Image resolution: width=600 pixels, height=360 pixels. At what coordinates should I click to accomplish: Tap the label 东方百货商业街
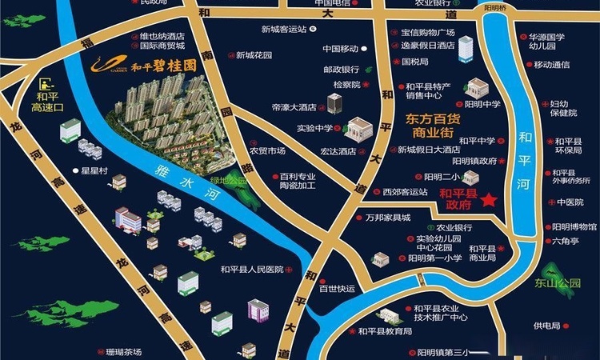(x=433, y=125)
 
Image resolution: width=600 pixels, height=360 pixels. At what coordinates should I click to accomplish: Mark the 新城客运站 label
(x=284, y=30)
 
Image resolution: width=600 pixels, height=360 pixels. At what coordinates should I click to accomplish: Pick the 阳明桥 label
(x=495, y=8)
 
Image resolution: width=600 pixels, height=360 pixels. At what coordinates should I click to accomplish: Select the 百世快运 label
(x=335, y=289)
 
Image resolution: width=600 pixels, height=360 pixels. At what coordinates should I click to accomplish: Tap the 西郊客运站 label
(x=404, y=191)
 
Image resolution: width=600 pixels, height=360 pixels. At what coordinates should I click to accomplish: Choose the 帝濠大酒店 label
(x=294, y=106)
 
